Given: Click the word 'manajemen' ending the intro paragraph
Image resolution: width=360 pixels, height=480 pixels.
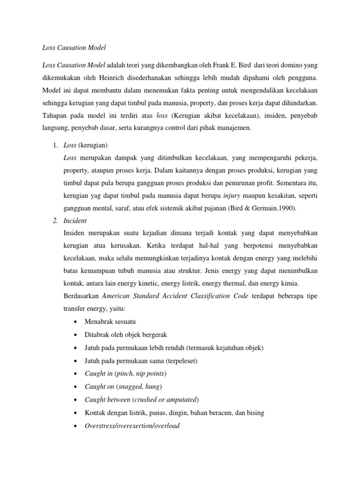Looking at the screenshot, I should pyautogui.click(x=232, y=127).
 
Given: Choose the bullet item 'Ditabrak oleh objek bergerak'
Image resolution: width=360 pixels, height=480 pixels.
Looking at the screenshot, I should pyautogui.click(x=123, y=335).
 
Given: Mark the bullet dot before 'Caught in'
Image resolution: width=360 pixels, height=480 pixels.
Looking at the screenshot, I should pyautogui.click(x=76, y=374).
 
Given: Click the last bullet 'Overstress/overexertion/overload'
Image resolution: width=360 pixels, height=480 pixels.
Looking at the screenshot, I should pyautogui.click(x=132, y=426).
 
